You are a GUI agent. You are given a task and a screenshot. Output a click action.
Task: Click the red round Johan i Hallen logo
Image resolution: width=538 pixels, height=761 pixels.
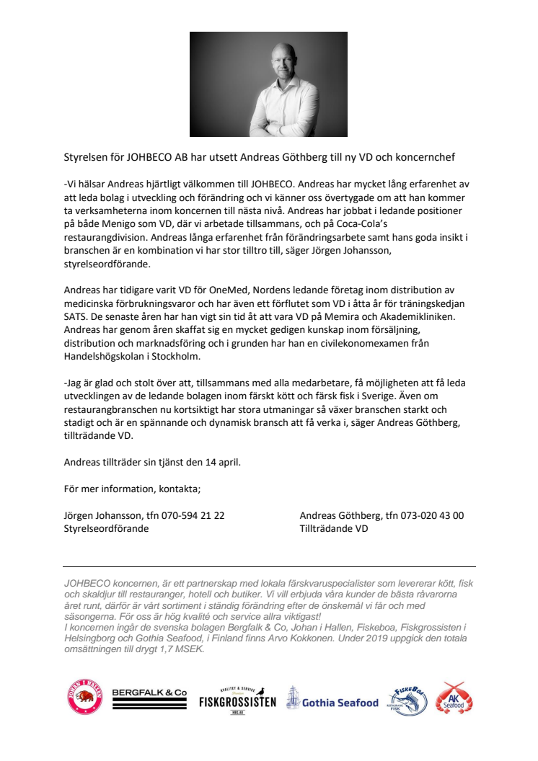[85, 697]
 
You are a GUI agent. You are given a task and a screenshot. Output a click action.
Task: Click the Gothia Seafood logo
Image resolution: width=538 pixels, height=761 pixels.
[332, 699]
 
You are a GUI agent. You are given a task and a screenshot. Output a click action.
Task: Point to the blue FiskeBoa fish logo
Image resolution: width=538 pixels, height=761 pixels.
[408, 699]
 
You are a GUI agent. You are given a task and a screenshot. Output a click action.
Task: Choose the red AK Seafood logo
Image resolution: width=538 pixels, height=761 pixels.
[454, 698]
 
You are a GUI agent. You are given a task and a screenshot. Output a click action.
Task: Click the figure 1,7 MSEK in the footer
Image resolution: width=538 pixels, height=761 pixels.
[187, 649]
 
